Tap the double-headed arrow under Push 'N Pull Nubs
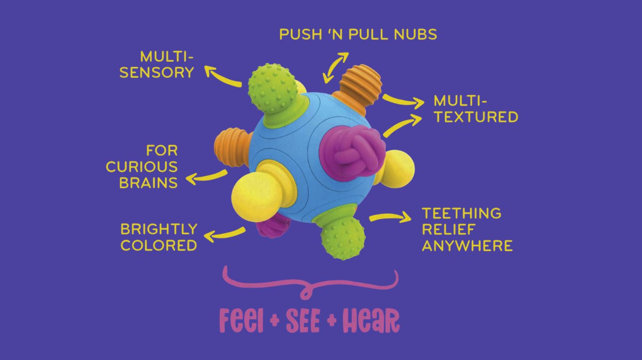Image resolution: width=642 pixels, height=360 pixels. [336, 67]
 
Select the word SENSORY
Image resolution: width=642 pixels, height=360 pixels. [156, 73]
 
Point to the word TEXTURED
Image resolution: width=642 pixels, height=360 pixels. [476, 117]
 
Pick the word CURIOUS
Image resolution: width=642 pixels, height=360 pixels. [142, 167]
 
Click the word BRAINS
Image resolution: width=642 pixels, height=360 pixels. [148, 182]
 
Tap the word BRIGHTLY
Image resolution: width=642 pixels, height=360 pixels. [159, 229]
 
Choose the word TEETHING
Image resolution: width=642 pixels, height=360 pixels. [461, 213]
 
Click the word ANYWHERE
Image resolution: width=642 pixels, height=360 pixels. [467, 245]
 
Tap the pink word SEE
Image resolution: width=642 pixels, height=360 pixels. [303, 321]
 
